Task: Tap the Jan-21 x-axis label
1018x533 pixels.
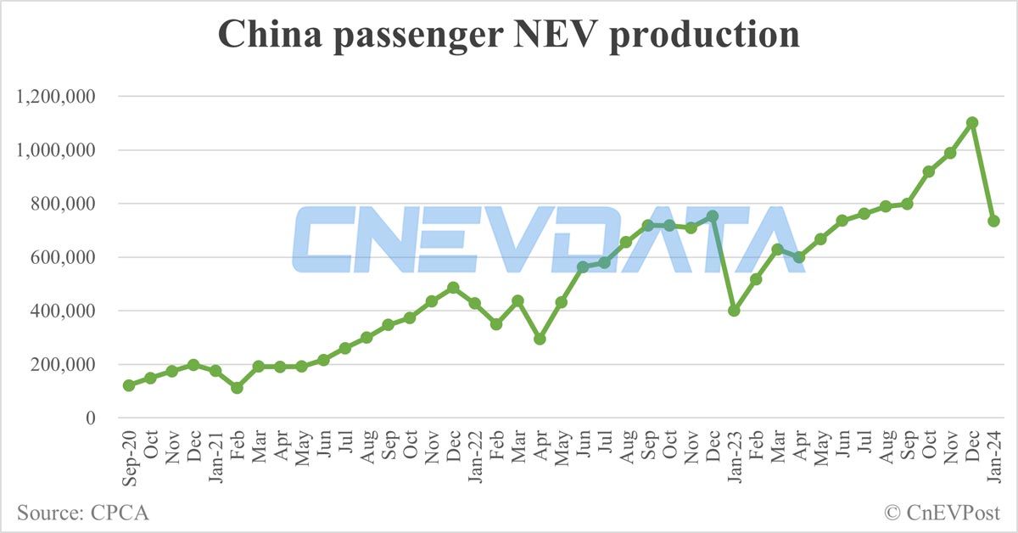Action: [215, 457]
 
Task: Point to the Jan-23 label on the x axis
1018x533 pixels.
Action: [735, 457]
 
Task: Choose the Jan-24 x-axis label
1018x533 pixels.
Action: [994, 457]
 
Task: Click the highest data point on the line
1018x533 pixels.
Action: [972, 122]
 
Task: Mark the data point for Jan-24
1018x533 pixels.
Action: [994, 221]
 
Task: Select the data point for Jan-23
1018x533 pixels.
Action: [735, 311]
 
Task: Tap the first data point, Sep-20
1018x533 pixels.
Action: [129, 385]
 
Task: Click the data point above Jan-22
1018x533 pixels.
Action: [475, 303]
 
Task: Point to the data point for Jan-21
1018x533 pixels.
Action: [215, 371]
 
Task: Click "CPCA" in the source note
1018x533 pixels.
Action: [117, 513]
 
